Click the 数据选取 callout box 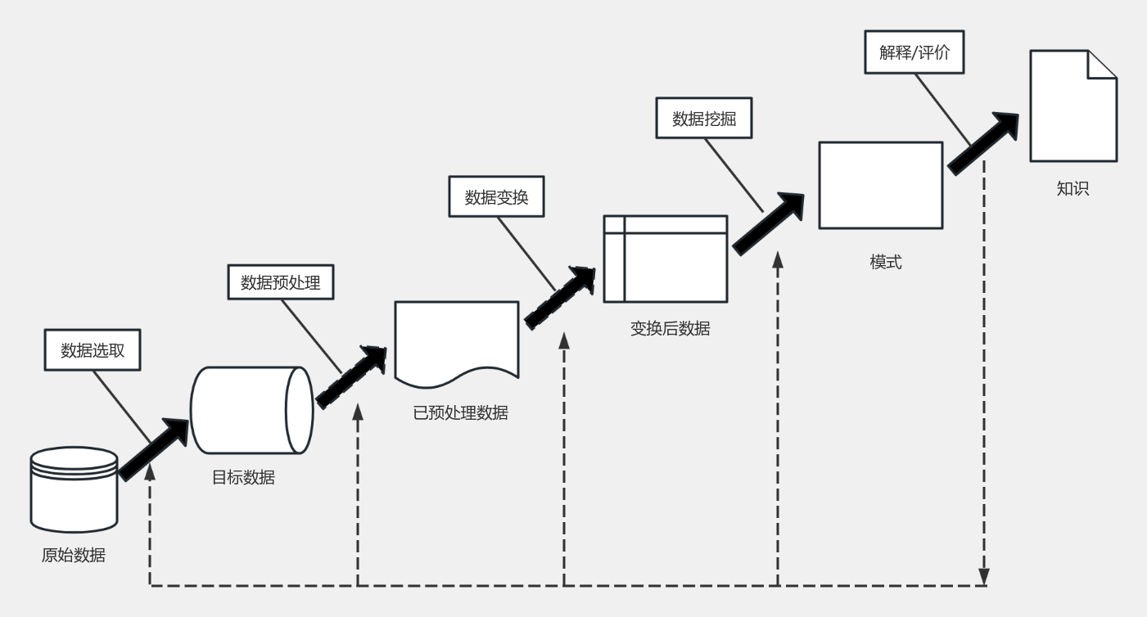(91, 349)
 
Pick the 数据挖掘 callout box (704, 118)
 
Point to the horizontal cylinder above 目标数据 (251, 409)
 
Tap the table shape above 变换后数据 (665, 259)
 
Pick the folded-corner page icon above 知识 (1072, 106)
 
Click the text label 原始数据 (74, 555)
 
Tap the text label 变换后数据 (670, 329)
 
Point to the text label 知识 (1073, 189)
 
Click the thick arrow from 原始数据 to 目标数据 (155, 448)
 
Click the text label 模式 (885, 263)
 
